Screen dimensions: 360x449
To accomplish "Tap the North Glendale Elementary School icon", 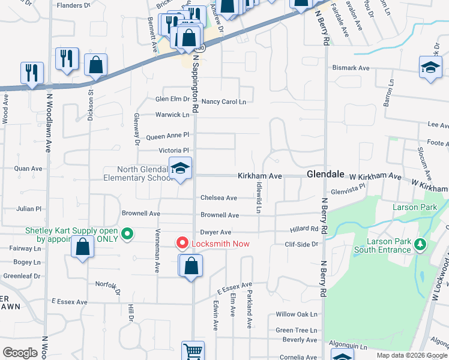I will (x=179, y=169).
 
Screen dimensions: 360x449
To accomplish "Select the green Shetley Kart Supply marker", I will (x=127, y=234).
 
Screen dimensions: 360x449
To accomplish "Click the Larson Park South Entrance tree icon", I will (x=420, y=245).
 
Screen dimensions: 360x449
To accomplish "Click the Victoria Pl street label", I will (x=173, y=150).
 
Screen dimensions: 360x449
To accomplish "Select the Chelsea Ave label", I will (x=218, y=198).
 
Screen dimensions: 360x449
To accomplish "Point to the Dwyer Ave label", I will (x=216, y=232).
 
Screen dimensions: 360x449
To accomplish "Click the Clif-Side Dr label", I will (x=304, y=244).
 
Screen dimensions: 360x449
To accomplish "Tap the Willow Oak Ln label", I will (x=296, y=314).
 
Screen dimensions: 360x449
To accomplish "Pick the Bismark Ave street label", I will (x=351, y=68).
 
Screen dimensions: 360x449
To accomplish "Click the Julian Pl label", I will (x=29, y=209).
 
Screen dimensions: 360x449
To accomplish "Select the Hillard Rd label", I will (x=306, y=229).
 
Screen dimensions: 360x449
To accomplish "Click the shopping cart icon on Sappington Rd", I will (x=193, y=350).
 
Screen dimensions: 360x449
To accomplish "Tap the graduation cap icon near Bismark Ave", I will (x=430, y=67).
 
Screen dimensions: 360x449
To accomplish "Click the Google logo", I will (x=20, y=353).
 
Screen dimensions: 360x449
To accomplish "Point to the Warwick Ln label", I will (x=172, y=114).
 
